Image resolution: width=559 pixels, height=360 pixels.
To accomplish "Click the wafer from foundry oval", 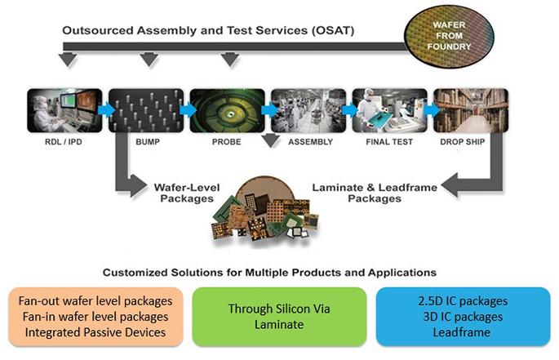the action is [449, 36].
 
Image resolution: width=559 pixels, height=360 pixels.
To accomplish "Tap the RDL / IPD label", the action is [64, 142].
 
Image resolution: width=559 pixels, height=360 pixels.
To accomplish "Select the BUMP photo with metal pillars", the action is [146, 110].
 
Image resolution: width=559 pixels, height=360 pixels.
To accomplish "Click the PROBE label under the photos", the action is [226, 142].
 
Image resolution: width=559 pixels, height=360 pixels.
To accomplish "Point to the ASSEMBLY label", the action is [311, 142].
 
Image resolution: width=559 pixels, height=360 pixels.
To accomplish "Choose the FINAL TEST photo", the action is [389, 110].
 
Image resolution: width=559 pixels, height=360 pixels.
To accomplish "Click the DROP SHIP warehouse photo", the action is [471, 110].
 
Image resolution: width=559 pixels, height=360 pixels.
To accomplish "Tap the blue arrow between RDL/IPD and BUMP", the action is [106, 110].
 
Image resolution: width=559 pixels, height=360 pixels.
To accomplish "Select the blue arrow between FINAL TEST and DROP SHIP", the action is [431, 110].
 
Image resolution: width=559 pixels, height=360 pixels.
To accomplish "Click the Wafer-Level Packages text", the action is [187, 193].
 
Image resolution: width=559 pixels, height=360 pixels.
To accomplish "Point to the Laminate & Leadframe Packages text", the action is [375, 193].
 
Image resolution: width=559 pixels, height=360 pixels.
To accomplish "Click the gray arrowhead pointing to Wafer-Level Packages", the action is [139, 185].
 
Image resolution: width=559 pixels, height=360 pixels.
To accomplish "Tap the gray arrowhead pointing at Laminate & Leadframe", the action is [450, 185].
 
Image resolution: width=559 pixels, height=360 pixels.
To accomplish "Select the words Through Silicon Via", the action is [279, 309].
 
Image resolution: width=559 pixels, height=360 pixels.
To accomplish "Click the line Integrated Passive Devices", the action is [95, 332].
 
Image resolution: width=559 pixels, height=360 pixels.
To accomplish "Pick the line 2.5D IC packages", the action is [463, 301].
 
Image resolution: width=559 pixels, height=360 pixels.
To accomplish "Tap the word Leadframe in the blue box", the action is [462, 332].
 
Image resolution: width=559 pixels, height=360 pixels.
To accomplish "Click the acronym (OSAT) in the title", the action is [333, 31].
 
